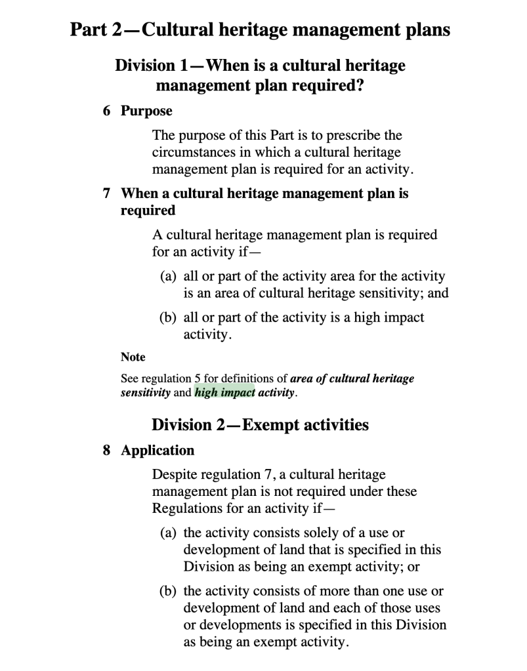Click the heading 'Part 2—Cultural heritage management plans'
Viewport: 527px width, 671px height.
[x=261, y=30]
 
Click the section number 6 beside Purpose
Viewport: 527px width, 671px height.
[x=106, y=111]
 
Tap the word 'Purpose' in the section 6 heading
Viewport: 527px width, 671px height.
[x=146, y=111]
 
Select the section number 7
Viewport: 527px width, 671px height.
[x=106, y=193]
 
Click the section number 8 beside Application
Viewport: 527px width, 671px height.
[x=106, y=451]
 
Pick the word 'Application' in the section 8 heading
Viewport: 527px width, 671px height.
[x=158, y=451]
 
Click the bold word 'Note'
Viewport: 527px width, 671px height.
[x=133, y=357]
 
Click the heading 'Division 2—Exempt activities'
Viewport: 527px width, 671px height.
[x=260, y=425]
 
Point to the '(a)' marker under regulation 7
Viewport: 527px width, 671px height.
[x=169, y=276]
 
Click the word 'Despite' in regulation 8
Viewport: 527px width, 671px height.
[x=173, y=474]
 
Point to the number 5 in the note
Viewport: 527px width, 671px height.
[x=198, y=378]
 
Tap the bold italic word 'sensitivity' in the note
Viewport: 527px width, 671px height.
[x=146, y=394]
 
